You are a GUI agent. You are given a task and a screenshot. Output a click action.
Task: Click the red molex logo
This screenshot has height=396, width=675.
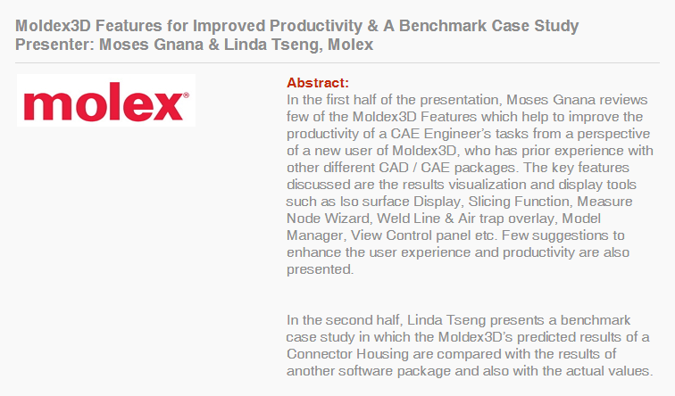(106, 101)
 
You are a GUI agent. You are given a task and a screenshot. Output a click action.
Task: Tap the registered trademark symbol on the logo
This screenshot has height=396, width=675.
(186, 95)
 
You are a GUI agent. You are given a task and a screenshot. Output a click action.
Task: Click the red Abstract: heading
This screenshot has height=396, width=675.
(318, 83)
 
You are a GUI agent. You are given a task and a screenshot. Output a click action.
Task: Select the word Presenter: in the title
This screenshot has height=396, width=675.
(54, 45)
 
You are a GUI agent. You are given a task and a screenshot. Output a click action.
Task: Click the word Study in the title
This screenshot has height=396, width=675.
(556, 27)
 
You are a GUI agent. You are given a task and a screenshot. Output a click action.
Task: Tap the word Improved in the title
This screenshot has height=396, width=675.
(229, 27)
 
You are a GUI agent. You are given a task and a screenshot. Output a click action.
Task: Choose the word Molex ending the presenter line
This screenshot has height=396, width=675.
(350, 45)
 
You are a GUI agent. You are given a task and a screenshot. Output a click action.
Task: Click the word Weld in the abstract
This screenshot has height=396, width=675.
(391, 219)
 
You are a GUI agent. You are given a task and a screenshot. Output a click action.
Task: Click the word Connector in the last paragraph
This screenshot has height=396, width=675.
(319, 354)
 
